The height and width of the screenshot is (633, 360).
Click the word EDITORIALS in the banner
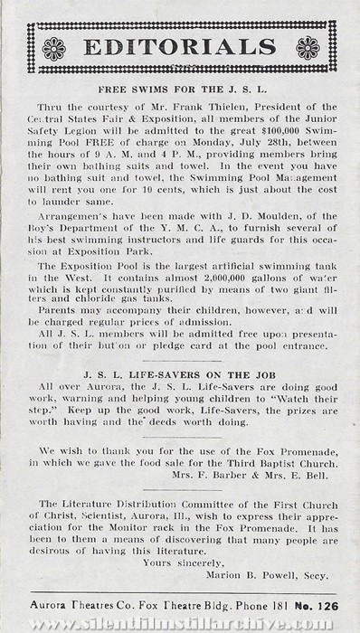[180, 47]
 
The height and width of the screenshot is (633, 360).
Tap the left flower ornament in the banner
[53, 48]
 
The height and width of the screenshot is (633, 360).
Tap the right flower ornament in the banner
[308, 48]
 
